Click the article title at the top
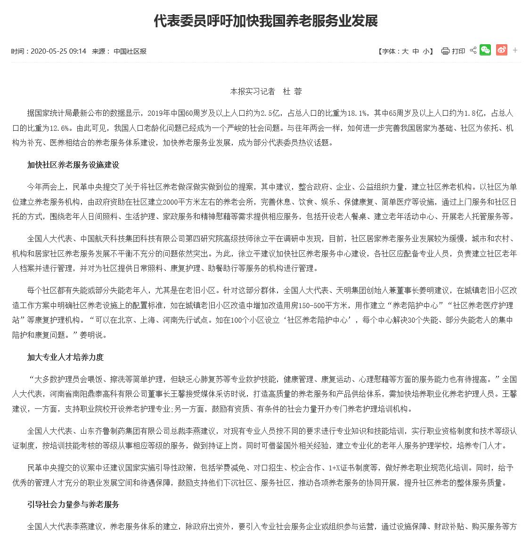[265, 21]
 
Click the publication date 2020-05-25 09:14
[58, 51]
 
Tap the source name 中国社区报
[130, 51]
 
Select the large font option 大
[405, 51]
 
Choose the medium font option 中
[416, 51]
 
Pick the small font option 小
[426, 51]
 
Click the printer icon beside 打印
[445, 51]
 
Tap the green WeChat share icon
[485, 50]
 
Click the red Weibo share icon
[501, 50]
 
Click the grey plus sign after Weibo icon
[515, 50]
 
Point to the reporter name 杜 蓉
[292, 91]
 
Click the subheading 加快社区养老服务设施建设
[73, 165]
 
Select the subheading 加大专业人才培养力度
[65, 357]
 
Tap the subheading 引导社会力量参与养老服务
[73, 504]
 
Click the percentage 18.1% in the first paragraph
[357, 113]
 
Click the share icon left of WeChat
[473, 50]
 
